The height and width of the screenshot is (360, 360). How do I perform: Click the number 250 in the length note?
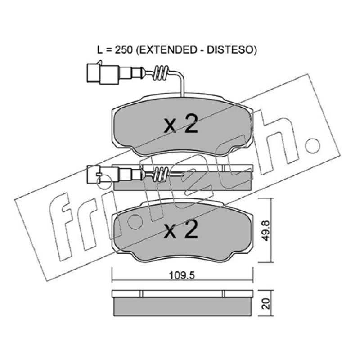pos(124,50)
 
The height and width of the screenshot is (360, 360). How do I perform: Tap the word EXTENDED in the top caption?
pos(166,50)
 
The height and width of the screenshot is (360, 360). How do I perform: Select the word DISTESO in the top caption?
pos(229,50)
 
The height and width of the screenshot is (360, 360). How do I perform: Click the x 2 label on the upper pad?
pos(181,124)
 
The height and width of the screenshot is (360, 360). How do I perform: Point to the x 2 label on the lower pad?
pos(181,229)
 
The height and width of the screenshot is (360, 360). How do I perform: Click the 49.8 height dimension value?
pos(266,230)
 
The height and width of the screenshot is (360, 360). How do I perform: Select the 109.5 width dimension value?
pos(182,275)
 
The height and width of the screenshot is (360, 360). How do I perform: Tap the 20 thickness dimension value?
pos(266,304)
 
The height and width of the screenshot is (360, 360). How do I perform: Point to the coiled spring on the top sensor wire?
pos(161,73)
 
